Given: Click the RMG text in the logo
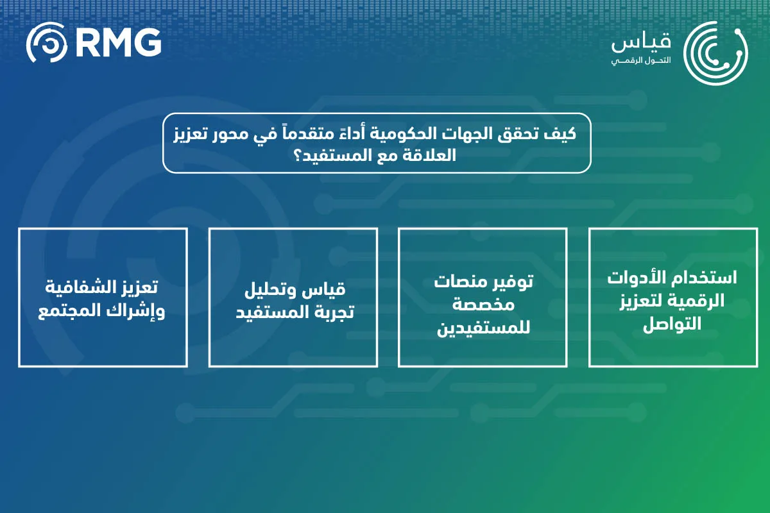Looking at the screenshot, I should [118, 43].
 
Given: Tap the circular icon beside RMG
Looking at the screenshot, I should [47, 44].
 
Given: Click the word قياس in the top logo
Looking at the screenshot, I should [641, 42].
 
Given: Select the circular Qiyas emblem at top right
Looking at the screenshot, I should [715, 53].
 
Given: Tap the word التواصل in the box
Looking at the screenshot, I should [672, 324].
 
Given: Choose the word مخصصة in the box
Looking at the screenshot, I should [483, 304].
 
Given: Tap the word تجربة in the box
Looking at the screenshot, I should [327, 312].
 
